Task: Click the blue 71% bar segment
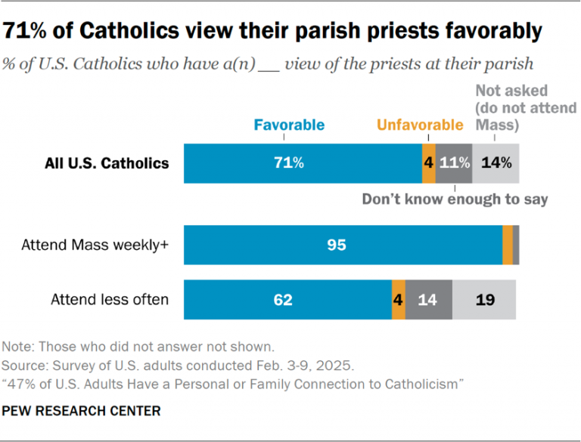[x=303, y=162]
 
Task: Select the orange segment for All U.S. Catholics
[x=429, y=162]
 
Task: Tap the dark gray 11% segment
[x=454, y=162]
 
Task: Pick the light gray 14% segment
[x=496, y=162]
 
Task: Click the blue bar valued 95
[x=343, y=244]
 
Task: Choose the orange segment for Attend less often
[x=398, y=299]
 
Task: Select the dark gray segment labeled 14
[x=428, y=299]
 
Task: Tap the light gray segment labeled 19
[x=484, y=299]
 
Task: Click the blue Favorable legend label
[x=289, y=125]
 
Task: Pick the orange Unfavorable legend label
[x=420, y=125]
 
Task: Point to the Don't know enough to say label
[x=454, y=199]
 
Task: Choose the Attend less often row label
[x=110, y=299]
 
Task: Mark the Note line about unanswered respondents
[x=137, y=347]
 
